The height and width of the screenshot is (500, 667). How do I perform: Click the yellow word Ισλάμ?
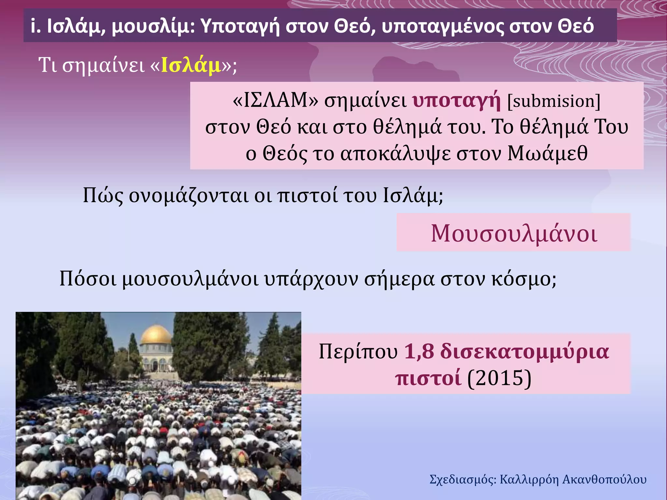[191, 65]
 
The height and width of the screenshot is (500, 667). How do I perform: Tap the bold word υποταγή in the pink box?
[456, 101]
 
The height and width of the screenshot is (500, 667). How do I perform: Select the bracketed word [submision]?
[554, 101]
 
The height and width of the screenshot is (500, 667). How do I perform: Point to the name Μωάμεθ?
[547, 153]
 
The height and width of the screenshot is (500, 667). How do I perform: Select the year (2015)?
[499, 378]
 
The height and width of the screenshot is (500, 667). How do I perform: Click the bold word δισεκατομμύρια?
[524, 352]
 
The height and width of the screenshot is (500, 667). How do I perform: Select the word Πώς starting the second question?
[103, 195]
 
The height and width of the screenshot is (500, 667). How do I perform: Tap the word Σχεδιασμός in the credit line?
[462, 479]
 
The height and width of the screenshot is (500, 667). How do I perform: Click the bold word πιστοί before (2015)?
[428, 378]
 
